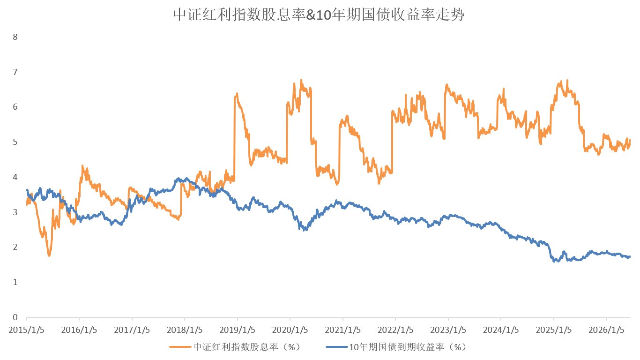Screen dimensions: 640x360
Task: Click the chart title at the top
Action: tap(319, 15)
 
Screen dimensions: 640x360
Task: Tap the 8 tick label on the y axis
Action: tap(15, 37)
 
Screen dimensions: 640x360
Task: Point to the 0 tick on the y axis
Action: tap(15, 317)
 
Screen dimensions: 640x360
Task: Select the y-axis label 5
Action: tap(15, 142)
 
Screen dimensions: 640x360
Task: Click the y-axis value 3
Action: tap(15, 212)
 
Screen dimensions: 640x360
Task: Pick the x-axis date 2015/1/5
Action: tap(26, 330)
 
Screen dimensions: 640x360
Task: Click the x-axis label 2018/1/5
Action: tap(185, 330)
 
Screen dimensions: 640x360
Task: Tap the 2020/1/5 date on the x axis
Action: tap(290, 330)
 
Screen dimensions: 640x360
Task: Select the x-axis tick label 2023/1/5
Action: tap(448, 330)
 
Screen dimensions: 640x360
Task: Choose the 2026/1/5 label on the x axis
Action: tap(606, 330)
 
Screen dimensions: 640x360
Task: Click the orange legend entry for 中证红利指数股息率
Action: tap(235, 347)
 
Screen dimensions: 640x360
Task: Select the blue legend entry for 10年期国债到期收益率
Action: tap(396, 347)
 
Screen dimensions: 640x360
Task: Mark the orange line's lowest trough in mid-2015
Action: tap(49, 255)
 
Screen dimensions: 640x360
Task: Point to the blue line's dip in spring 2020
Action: tap(305, 230)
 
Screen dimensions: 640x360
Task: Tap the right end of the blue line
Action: tap(630, 257)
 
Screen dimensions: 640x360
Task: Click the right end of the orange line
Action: tap(630, 140)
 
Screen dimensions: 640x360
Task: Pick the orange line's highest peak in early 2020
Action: tap(301, 80)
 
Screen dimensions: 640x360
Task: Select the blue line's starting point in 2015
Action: tap(27, 190)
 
